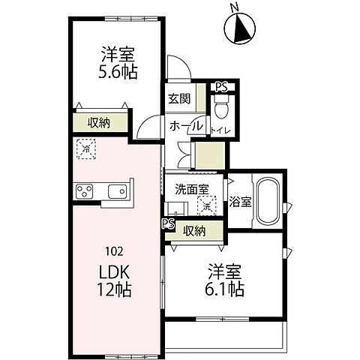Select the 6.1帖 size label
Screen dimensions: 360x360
226,288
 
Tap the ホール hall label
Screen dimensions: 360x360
185,126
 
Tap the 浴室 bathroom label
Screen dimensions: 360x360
240,201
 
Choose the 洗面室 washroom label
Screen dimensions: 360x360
192,189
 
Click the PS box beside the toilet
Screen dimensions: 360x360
220,87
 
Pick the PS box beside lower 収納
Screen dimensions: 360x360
168,224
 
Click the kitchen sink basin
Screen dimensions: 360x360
118,193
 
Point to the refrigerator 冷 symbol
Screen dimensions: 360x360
85,150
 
